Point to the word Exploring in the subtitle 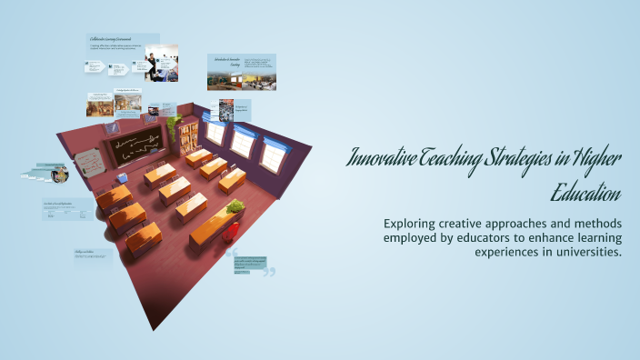coord(412,223)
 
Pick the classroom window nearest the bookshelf coord(215,134)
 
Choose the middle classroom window coord(242,142)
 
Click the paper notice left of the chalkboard coord(89,163)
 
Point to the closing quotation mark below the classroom coord(268,271)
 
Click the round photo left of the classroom coord(61,175)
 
